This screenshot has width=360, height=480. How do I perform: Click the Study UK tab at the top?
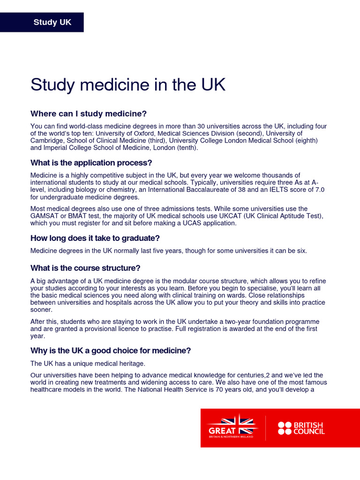[52, 22]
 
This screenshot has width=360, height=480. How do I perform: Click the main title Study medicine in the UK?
[128, 85]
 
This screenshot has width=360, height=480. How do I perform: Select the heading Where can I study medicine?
[89, 113]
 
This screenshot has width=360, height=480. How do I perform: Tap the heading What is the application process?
[91, 163]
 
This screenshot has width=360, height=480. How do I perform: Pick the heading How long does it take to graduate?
[95, 238]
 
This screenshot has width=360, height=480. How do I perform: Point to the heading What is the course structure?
[85, 268]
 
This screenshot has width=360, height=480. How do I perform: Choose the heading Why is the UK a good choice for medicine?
[111, 351]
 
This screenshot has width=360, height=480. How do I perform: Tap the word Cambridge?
[46, 140]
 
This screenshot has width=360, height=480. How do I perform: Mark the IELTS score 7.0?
[319, 189]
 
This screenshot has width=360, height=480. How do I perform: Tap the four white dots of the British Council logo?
[285, 428]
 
